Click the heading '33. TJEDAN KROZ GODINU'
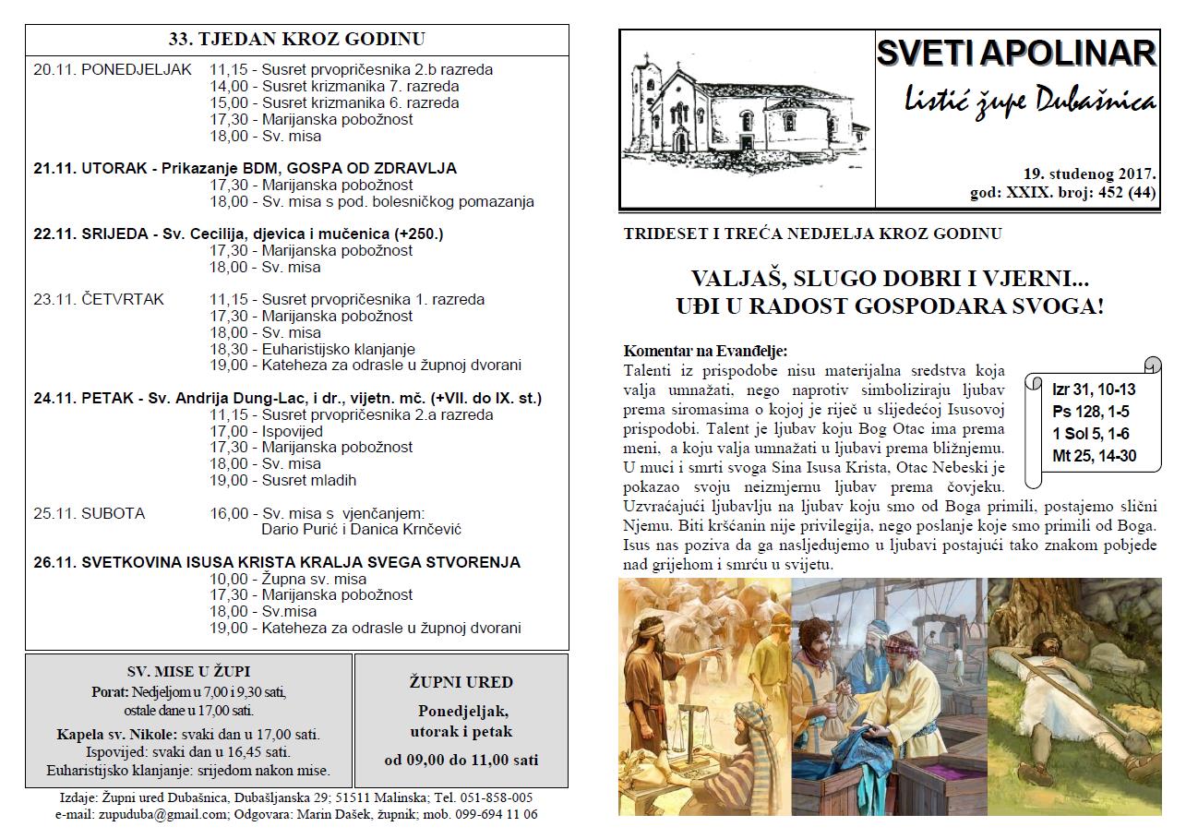297,39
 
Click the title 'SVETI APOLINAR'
1016,54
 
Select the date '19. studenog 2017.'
1089,174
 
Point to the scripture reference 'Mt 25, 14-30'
1094,455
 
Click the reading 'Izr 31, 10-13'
1094,390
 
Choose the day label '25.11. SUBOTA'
89,513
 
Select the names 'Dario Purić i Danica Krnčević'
362,530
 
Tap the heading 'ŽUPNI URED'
461,683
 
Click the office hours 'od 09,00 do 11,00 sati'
461,761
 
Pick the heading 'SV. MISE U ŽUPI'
188,672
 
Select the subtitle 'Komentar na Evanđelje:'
705,351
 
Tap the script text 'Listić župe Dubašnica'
1016,102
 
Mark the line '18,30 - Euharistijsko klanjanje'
313,349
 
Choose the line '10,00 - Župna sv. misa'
288,579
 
